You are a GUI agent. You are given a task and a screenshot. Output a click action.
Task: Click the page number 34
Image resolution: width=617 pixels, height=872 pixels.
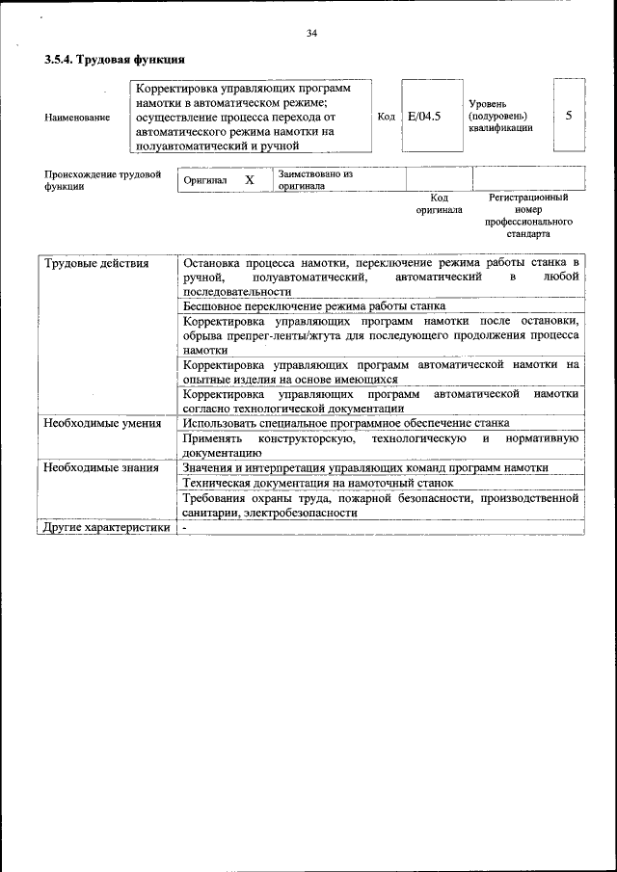tap(311, 34)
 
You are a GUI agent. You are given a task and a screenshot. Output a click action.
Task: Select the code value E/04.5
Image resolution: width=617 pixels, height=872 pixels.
tap(424, 116)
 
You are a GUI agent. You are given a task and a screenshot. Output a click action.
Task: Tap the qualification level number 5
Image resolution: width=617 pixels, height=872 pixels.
tap(569, 116)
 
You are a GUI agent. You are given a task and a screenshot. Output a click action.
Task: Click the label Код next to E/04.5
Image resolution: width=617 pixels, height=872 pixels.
tap(386, 117)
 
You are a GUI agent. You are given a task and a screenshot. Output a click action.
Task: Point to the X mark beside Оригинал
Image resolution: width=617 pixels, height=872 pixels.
tap(250, 180)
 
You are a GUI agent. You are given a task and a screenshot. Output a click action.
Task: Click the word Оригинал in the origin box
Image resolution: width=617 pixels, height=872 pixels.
tap(204, 180)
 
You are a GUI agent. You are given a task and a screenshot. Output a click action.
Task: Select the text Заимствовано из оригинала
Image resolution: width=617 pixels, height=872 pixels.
tap(315, 180)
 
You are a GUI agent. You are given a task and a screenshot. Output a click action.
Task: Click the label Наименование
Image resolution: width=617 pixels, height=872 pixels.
tap(77, 118)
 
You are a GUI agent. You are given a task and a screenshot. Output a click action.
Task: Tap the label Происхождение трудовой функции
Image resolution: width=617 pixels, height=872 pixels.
tap(102, 180)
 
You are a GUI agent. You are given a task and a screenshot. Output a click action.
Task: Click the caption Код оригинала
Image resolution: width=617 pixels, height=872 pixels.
tap(440, 203)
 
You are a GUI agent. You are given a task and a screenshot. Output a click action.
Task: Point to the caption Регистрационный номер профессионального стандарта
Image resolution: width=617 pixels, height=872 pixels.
tap(529, 215)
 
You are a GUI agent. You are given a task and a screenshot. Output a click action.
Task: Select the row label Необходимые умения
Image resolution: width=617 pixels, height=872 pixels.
tap(101, 423)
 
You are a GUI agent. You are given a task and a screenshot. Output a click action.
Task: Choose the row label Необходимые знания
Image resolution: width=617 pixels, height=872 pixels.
tap(99, 467)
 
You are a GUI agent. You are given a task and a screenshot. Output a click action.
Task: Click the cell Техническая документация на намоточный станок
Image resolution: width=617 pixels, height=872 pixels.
tap(317, 483)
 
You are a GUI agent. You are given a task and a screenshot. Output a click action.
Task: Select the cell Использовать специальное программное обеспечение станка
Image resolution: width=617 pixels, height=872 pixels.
tap(346, 423)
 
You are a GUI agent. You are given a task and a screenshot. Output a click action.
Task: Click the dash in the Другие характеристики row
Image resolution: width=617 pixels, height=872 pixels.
tap(184, 527)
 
